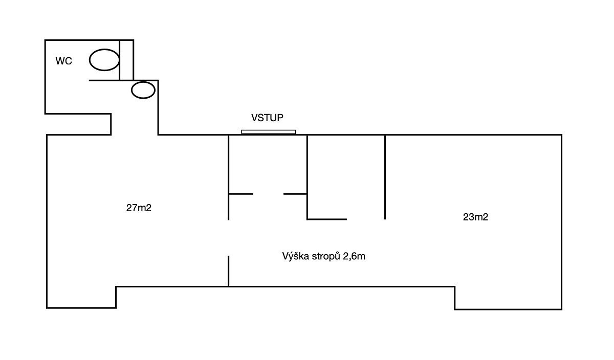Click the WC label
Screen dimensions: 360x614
[x=63, y=61]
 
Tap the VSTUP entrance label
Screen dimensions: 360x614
[x=267, y=118]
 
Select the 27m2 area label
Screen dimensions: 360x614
[x=139, y=208]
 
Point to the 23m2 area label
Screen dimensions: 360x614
[x=475, y=217]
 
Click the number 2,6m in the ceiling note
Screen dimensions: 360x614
[x=354, y=256]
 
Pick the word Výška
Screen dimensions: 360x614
[x=294, y=256]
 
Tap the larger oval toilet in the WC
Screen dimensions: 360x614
[x=104, y=60]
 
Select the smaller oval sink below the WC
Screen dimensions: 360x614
[x=143, y=90]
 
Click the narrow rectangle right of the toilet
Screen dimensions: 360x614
[x=126, y=60]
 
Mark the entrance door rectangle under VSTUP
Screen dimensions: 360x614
[x=269, y=132]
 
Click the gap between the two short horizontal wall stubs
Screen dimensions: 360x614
[x=268, y=194]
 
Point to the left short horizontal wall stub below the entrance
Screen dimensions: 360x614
[x=240, y=194]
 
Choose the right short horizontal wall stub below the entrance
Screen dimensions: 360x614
[x=295, y=194]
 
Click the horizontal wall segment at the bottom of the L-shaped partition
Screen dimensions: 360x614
[x=327, y=219]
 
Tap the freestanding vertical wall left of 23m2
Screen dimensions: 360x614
[x=385, y=176]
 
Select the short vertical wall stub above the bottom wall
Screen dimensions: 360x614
[x=228, y=271]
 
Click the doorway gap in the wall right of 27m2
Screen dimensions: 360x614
[x=228, y=238]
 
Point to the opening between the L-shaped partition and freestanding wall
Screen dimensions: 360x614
[x=365, y=219]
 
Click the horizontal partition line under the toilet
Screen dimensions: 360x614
[x=104, y=80]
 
